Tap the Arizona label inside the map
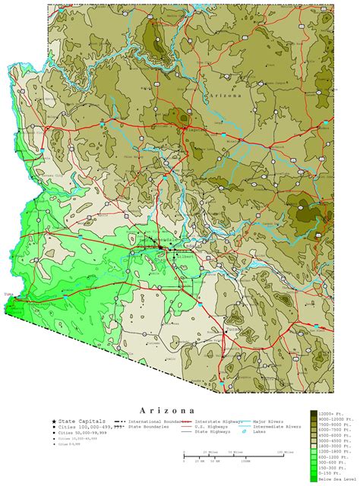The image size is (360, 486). pyautogui.click(x=227, y=96)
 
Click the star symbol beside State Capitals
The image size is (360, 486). pyautogui.click(x=54, y=421)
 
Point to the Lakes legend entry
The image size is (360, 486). pyautogui.click(x=261, y=433)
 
